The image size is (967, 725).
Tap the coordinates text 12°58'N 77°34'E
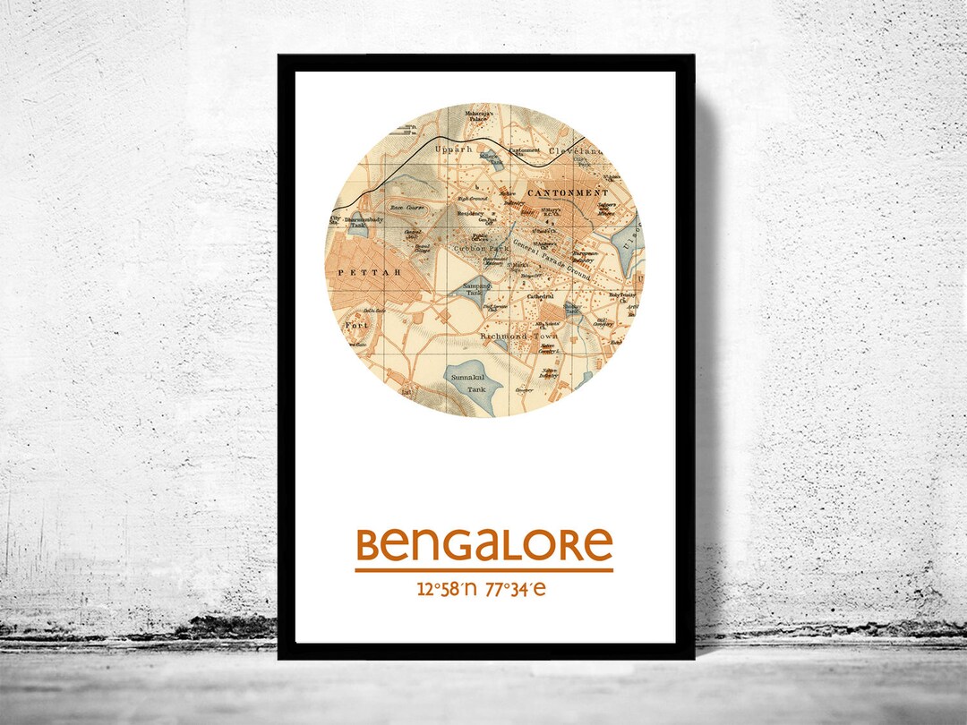[x=482, y=589]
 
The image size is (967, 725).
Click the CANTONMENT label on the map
[x=568, y=192]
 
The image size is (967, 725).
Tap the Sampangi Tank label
[x=474, y=289]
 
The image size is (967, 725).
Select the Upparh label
[x=452, y=149]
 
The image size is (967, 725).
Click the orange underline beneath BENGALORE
[x=483, y=569]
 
